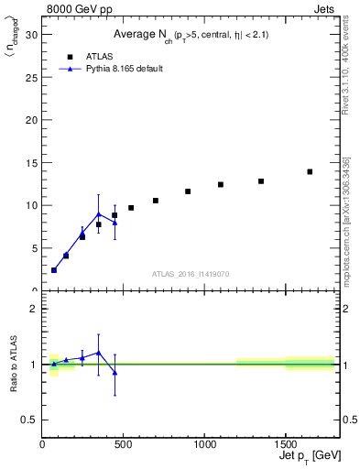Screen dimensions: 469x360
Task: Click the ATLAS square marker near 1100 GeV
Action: (221, 184)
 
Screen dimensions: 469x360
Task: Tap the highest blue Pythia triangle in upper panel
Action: (99, 214)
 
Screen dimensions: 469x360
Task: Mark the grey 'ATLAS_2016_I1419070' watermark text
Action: (191, 273)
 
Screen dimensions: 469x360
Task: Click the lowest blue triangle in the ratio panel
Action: (115, 372)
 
